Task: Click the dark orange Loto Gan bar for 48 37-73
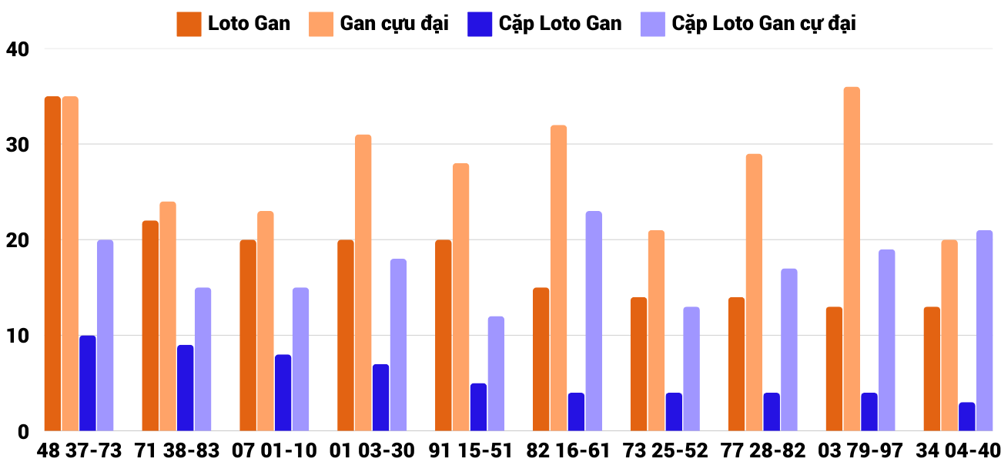52,263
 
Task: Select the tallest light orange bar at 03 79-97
852,259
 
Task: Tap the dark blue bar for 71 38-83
186,388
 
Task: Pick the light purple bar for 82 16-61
594,321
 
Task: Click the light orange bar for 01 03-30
363,283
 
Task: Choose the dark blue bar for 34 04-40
967,417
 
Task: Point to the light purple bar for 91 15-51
496,373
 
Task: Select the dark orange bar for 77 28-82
736,364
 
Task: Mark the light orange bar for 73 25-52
656,330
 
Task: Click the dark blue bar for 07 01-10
283,393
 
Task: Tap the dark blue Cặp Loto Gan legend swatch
480,24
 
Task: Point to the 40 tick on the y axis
16,49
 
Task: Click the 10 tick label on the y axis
16,336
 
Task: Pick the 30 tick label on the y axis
16,145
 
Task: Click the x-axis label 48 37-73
79,450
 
